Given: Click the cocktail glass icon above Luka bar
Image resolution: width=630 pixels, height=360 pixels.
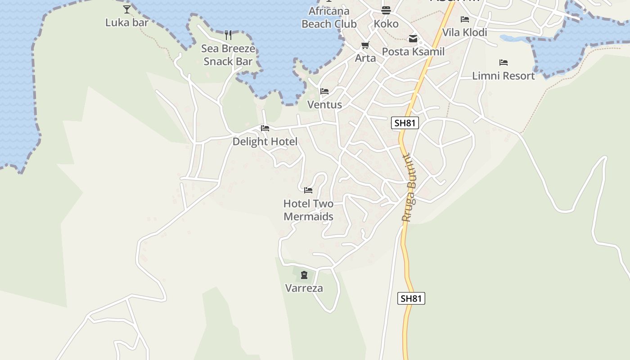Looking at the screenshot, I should [x=127, y=9].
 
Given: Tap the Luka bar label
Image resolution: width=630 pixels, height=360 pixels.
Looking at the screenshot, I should [x=127, y=22].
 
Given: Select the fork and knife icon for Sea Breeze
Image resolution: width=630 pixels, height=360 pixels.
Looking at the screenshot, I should [x=228, y=35].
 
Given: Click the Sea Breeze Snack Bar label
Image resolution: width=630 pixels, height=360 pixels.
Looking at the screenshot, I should [x=228, y=55].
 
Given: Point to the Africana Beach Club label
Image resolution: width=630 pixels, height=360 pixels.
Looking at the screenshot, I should [x=329, y=18].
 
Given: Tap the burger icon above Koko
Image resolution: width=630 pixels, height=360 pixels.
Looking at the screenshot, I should [x=386, y=10].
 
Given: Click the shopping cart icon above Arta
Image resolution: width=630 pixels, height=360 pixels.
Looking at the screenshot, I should [x=365, y=45].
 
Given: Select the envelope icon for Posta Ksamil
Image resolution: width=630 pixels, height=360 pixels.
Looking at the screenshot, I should [x=413, y=39].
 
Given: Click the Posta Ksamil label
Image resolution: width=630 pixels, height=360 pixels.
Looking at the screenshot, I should [x=413, y=52].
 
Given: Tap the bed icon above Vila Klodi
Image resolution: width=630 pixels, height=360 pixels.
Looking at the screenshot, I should [x=465, y=19].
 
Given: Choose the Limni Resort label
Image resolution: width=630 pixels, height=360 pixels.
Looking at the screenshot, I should [x=503, y=76].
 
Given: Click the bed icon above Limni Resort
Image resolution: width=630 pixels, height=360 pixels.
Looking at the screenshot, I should [x=503, y=63].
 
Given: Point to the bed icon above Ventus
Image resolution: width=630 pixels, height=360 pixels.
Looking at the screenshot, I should [x=324, y=91].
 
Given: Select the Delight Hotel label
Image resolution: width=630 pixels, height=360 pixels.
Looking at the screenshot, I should [x=265, y=142].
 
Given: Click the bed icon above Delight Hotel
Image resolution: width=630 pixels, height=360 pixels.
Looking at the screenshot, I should [x=265, y=128].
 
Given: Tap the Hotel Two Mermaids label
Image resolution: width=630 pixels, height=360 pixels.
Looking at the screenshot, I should [x=308, y=210].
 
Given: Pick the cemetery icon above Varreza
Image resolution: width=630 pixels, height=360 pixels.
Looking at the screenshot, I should [x=304, y=275].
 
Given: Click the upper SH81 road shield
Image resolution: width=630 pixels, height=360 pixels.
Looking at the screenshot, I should [x=405, y=123].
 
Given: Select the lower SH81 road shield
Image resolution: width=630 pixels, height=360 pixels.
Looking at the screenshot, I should [x=411, y=298].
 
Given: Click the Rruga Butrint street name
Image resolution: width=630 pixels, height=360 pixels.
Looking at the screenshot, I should [x=409, y=188].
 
